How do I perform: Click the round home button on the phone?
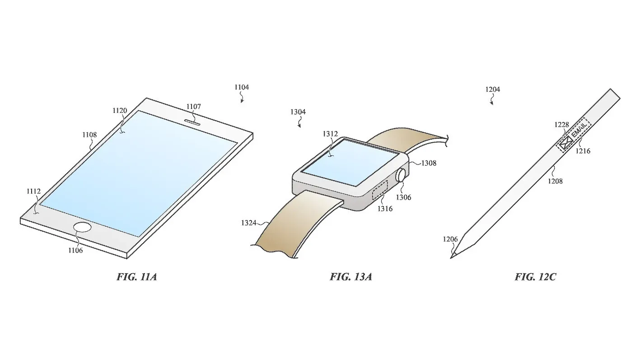point(83,228)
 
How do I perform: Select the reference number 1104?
point(242,87)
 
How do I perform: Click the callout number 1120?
point(120,111)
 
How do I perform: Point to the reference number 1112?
point(33,191)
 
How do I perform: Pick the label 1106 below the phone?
point(75,251)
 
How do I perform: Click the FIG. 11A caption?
point(137,277)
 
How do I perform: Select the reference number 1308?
point(429,163)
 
